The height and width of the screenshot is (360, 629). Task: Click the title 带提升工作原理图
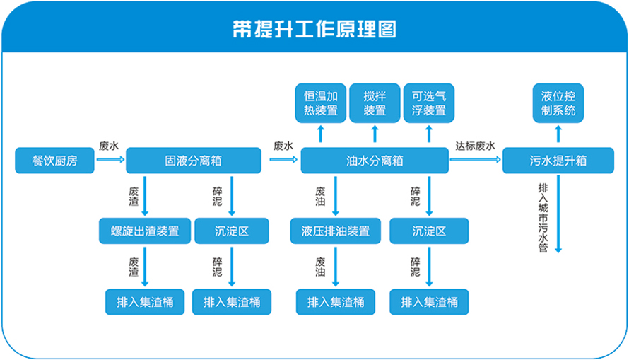314,29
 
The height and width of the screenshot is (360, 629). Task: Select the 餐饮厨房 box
54,161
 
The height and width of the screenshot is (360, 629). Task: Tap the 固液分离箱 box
194,161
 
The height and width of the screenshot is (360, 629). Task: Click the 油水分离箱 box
375,161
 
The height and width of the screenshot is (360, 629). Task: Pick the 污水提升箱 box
558,161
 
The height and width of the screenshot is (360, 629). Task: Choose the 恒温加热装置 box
321,103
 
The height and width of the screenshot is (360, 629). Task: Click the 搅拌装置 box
375,103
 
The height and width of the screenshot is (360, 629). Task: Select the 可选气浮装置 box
429,103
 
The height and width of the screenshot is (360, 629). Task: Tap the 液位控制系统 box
558,103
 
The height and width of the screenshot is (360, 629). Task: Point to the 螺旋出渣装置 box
145,231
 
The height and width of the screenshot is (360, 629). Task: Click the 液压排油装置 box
336,231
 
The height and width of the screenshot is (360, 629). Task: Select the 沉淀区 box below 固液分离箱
232,231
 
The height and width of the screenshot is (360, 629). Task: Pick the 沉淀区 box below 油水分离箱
429,231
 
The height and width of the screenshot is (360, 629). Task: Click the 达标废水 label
475,146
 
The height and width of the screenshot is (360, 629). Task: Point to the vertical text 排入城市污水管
543,218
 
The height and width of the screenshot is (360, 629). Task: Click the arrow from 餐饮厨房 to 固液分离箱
110,159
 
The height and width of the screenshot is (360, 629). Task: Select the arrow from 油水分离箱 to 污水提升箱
476,159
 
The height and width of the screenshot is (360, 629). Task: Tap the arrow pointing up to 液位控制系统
558,134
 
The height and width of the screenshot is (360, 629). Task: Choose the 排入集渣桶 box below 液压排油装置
336,302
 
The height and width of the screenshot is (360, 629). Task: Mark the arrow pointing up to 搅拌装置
375,134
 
